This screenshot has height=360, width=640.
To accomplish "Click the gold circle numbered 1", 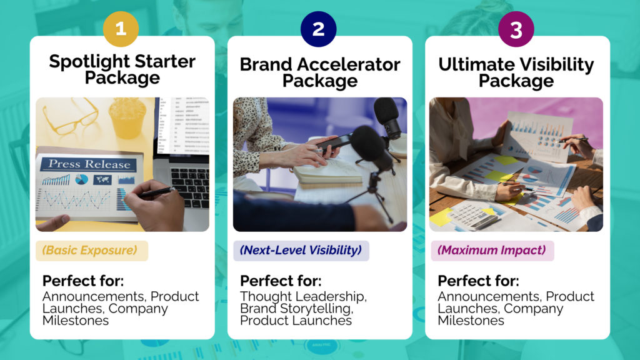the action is click(121, 29).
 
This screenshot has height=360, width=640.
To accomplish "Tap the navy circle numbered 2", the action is click(318, 29).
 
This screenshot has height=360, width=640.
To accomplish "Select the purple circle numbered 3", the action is click(516, 29).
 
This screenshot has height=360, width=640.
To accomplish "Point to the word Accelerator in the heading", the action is click(349, 64).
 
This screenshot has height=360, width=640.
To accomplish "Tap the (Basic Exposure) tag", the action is click(91, 251).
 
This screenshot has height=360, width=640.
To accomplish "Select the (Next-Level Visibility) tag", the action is click(301, 251).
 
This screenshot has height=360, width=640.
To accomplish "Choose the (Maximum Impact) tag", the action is click(492, 251).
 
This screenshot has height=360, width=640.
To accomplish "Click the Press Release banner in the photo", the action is click(89, 164).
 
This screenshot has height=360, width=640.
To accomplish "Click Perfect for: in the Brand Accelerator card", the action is click(281, 281).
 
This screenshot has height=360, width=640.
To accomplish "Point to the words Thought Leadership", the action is click(303, 296).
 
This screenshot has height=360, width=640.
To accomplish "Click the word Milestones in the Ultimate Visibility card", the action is click(471, 321).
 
